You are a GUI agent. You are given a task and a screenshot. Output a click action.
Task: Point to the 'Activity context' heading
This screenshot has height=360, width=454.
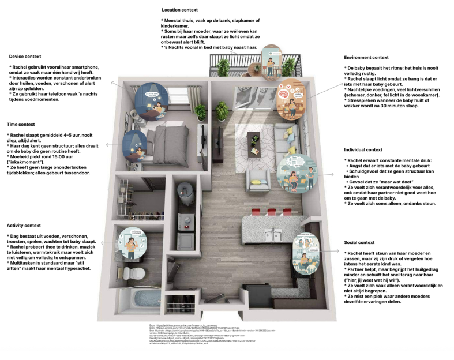click(x=25, y=225)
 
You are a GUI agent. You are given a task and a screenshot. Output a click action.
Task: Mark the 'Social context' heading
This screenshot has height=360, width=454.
click(x=359, y=242)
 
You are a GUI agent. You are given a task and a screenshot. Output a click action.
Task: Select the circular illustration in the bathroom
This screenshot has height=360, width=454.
click(x=132, y=242)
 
